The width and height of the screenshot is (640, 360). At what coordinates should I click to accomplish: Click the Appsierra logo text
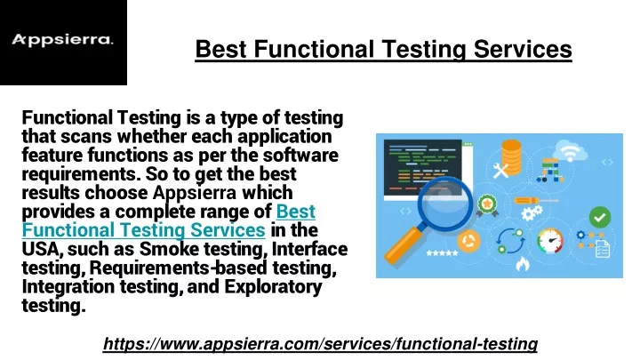tap(62, 40)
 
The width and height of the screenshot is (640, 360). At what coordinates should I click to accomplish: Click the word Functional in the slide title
tap(314, 49)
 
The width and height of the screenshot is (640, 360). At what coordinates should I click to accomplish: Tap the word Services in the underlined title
tap(523, 49)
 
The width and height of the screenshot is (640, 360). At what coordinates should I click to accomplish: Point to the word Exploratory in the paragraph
tap(273, 286)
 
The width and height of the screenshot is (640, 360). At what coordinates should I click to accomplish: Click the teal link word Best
tap(296, 212)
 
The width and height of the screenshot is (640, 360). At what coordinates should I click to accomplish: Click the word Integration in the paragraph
tap(68, 286)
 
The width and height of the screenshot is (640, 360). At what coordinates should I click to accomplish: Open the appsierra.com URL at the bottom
tap(320, 344)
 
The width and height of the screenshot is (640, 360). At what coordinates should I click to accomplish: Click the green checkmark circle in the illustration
tap(600, 217)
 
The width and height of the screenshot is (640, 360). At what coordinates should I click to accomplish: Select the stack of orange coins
tap(511, 156)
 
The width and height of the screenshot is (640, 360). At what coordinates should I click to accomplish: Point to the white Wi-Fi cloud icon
tap(571, 150)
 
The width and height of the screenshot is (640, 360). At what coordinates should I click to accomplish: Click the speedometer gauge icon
tap(550, 241)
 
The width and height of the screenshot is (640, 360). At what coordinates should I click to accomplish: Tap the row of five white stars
tap(442, 253)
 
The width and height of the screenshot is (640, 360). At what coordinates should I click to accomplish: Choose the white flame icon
tap(523, 264)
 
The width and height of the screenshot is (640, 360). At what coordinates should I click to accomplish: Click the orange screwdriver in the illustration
tap(536, 200)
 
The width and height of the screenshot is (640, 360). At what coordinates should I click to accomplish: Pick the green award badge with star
tap(487, 205)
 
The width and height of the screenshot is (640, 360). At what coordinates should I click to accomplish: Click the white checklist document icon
tap(603, 249)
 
